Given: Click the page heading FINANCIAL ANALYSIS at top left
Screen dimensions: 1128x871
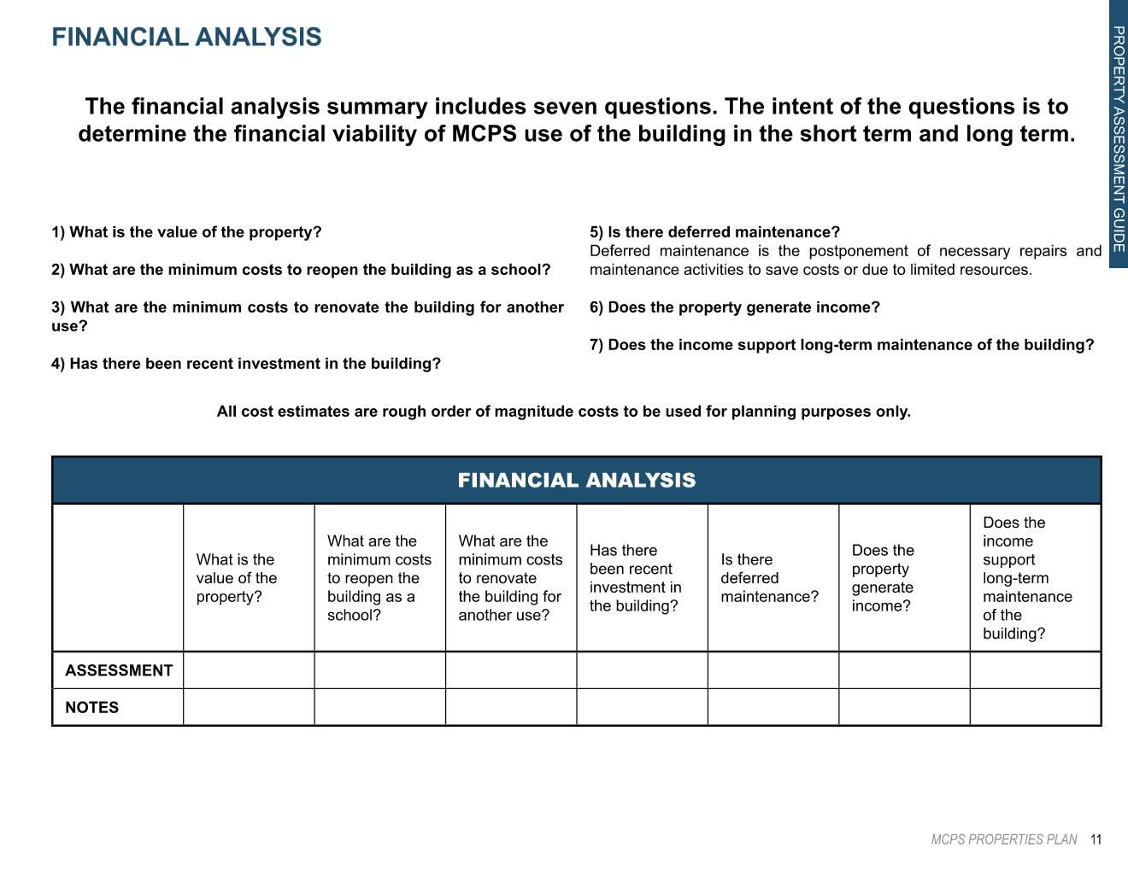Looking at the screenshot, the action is pos(186,38).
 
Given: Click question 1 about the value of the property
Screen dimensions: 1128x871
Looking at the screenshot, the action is pos(186,232).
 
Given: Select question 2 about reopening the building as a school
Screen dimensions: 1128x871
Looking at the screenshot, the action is pos(301,270).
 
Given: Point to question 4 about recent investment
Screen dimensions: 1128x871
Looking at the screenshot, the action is pos(246,364).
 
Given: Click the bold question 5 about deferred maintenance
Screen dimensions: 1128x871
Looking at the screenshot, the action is pos(714,232).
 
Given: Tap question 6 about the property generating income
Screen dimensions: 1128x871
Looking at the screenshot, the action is pos(735,307).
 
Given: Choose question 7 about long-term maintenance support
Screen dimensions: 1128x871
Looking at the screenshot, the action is pos(842,345).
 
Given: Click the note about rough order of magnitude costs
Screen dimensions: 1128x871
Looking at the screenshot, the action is pos(564,412).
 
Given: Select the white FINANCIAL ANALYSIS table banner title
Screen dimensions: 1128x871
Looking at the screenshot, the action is pos(577,481).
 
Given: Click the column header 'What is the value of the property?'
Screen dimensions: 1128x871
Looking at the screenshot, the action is pos(237,578).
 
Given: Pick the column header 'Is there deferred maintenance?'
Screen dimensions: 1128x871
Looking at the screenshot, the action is pos(769,578).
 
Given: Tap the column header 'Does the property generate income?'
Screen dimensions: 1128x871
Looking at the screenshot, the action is pos(883,578).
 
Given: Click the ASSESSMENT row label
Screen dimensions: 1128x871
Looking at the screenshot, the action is pos(119,670).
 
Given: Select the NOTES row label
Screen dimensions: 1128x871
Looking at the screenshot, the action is pos(92,708).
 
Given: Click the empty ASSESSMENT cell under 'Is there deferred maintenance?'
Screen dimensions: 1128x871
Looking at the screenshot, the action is pos(773,670).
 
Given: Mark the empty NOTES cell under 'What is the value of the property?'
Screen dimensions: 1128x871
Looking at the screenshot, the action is pos(249,707).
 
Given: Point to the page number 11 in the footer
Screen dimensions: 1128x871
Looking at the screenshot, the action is pos(1096,840).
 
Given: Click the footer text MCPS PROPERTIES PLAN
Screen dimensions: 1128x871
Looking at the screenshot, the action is pos(1004,840).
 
